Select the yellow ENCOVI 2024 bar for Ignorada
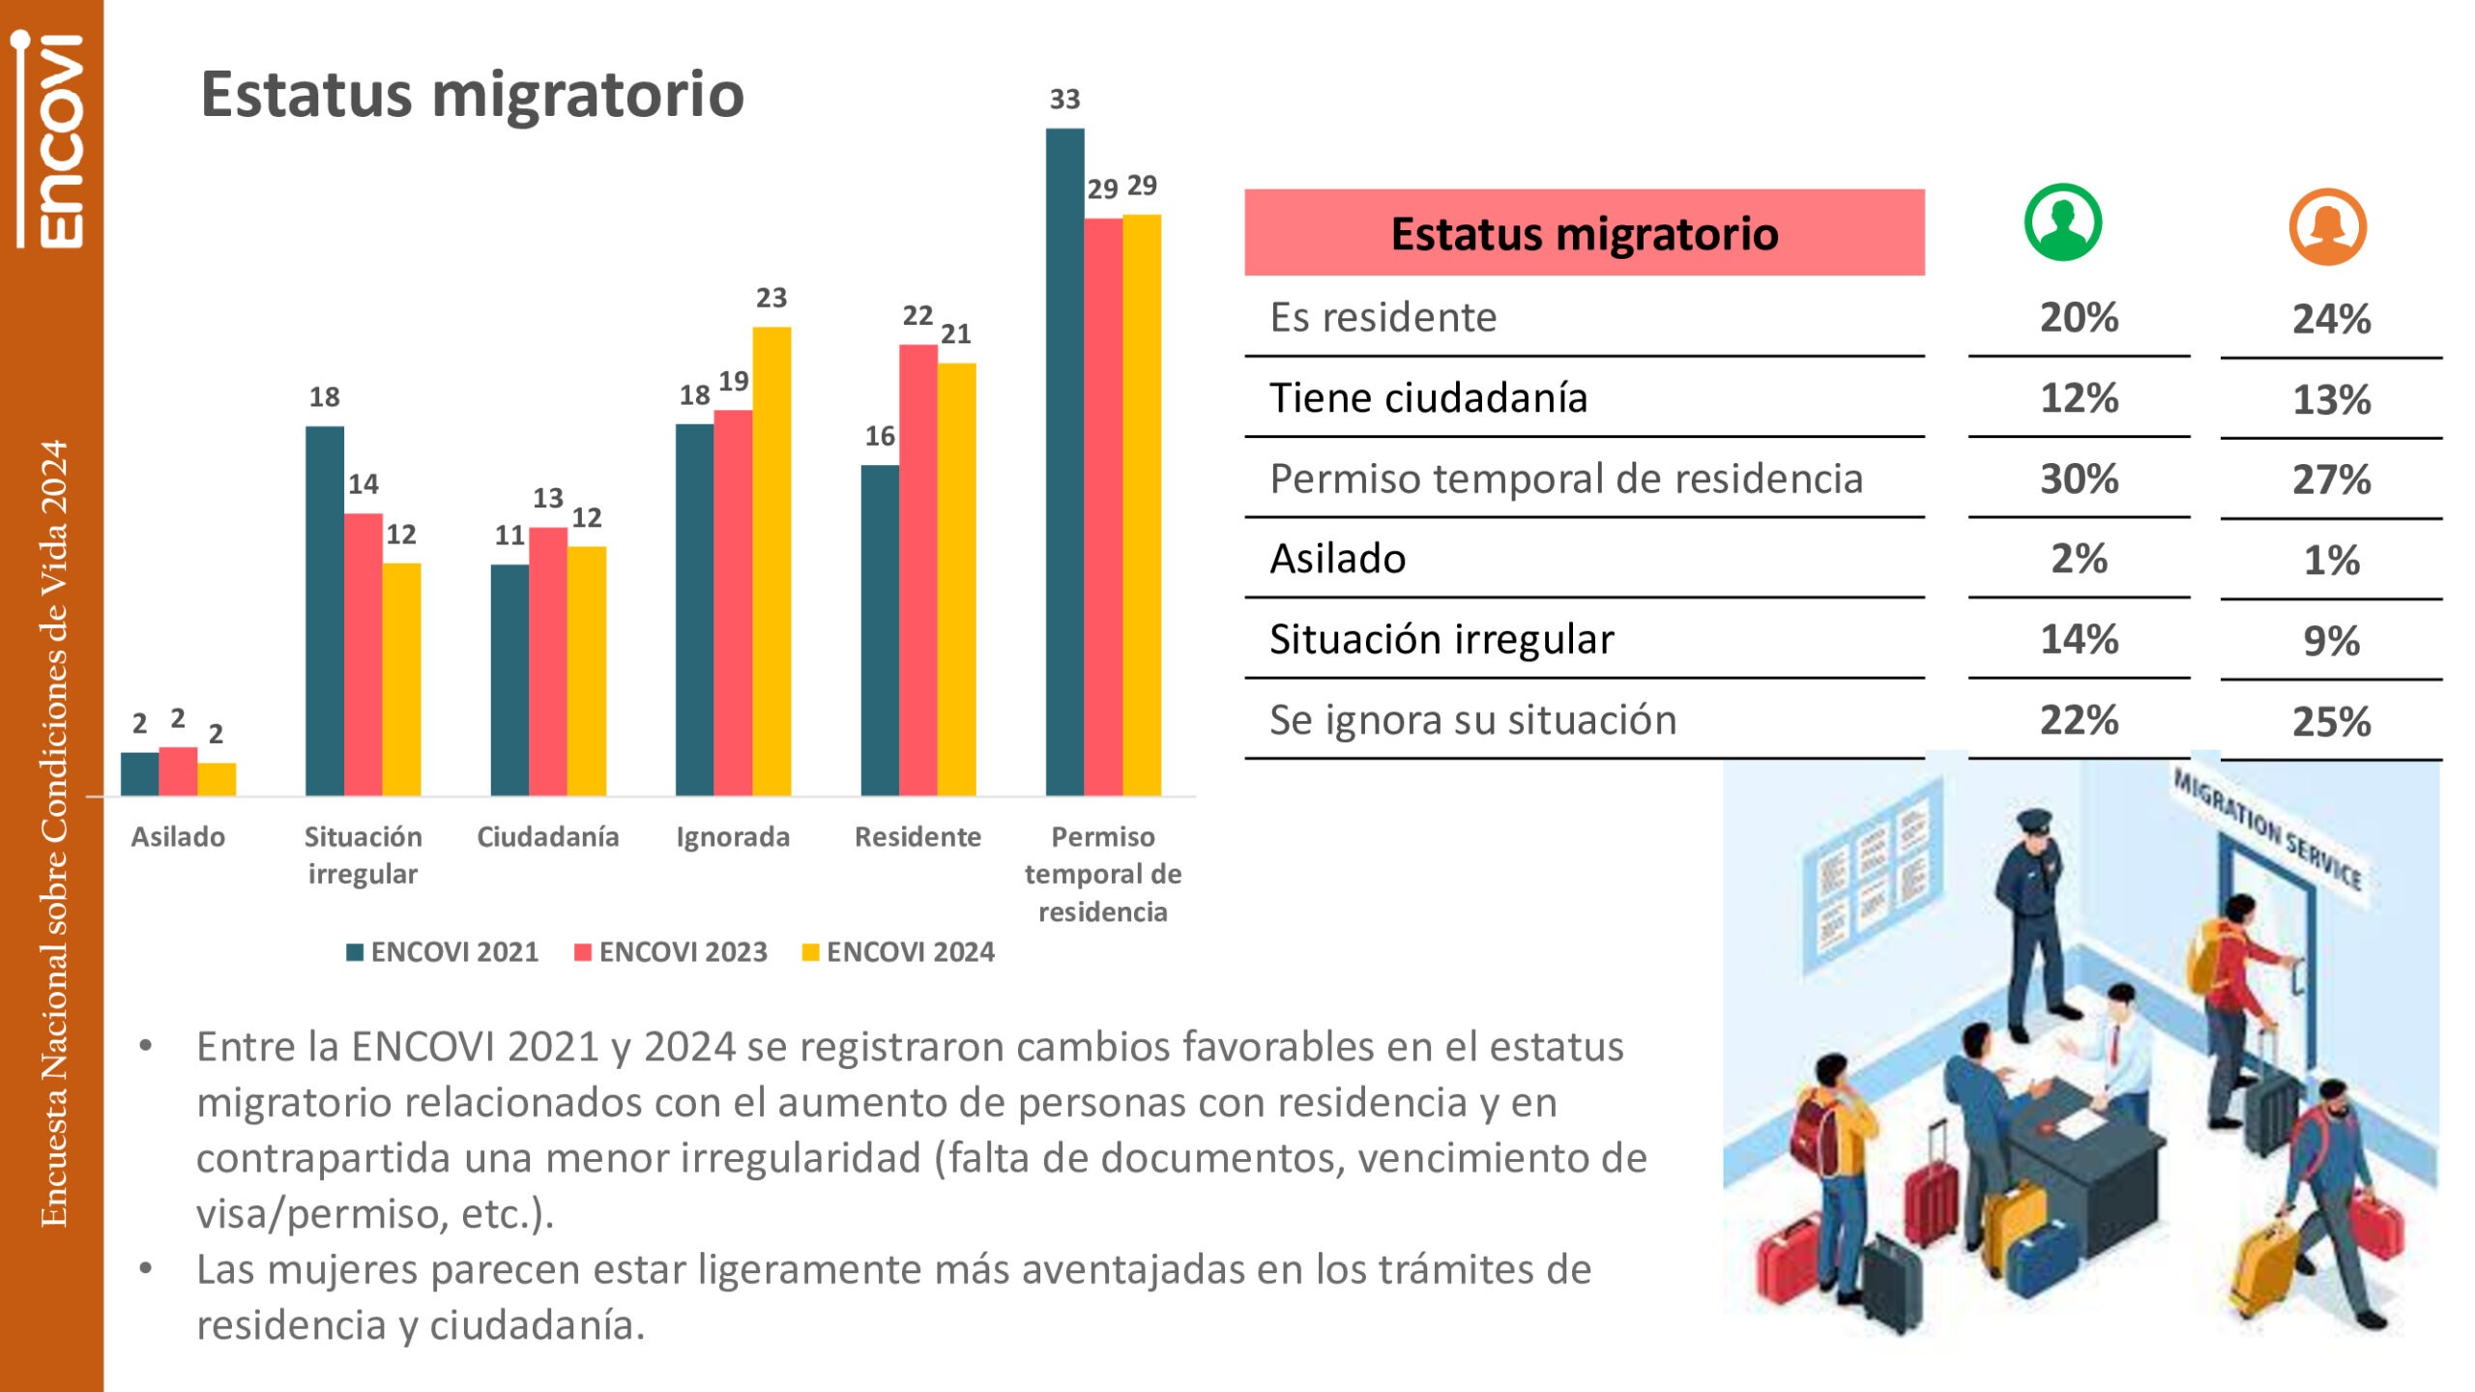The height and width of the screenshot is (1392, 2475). (x=772, y=561)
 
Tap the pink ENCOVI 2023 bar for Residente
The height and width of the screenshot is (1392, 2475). (x=917, y=570)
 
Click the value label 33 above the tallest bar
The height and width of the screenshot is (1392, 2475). (x=1064, y=99)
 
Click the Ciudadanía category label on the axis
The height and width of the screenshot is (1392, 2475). (x=548, y=837)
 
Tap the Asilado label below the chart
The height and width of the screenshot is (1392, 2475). (x=178, y=837)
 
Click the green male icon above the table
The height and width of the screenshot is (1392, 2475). (x=2062, y=222)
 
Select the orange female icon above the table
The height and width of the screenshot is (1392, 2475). (x=2327, y=226)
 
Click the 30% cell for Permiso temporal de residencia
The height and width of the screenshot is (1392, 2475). (x=2079, y=478)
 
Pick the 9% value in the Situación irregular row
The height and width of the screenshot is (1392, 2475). (x=2331, y=641)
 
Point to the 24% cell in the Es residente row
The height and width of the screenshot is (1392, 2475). (x=2331, y=319)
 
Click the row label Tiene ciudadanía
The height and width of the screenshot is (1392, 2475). (x=1428, y=398)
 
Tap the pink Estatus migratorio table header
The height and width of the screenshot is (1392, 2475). (x=1584, y=233)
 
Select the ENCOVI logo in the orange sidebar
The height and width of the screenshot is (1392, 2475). (x=53, y=140)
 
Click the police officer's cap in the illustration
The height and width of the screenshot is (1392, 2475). (x=2035, y=820)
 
